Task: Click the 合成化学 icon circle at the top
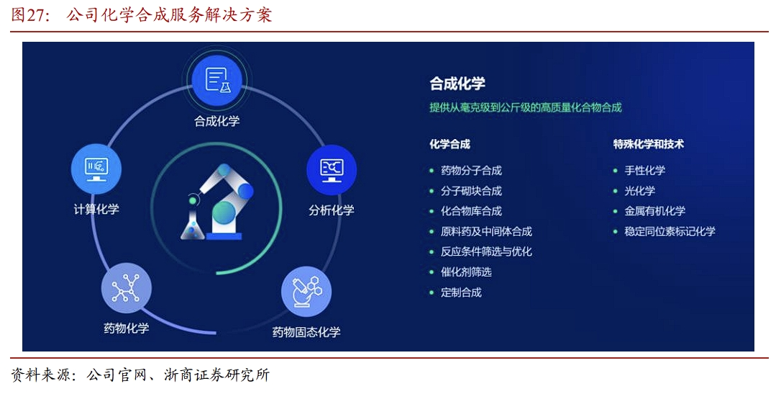click(x=216, y=80)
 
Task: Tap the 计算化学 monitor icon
click(x=96, y=169)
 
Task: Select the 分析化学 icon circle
click(x=332, y=169)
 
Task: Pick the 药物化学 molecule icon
click(x=126, y=288)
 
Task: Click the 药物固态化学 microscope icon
click(x=306, y=292)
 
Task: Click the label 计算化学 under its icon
click(x=96, y=209)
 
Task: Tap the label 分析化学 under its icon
click(x=332, y=210)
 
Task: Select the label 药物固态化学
click(x=306, y=332)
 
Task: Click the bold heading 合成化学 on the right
click(x=457, y=84)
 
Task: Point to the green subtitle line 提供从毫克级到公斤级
click(x=526, y=107)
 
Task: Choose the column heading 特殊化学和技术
click(x=648, y=144)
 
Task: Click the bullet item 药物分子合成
click(x=471, y=171)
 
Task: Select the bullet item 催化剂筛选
click(x=466, y=272)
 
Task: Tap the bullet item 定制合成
click(x=461, y=292)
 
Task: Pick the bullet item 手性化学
click(x=645, y=171)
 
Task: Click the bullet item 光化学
click(x=640, y=191)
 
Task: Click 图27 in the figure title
click(x=28, y=15)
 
